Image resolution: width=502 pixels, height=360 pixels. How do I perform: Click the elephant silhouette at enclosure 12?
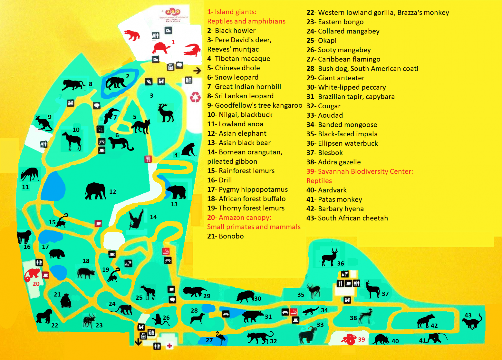click(x=96, y=191)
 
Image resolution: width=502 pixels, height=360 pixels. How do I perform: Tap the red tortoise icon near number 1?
click(x=161, y=48)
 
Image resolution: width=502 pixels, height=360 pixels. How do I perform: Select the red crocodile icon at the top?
click(x=192, y=50)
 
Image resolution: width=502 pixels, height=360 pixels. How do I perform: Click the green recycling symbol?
click(x=195, y=97)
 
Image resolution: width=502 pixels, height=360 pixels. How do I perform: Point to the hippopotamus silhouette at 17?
click(x=57, y=254)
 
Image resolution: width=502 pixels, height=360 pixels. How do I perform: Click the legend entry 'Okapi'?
click(x=327, y=41)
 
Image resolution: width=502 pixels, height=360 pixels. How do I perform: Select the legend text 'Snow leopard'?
click(x=236, y=77)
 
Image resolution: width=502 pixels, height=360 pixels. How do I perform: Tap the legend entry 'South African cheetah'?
click(x=353, y=218)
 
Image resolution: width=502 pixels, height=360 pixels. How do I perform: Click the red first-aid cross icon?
click(x=169, y=346)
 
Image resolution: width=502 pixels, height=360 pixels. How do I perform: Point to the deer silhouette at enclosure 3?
click(x=166, y=112)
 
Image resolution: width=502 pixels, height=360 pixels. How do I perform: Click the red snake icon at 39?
click(x=349, y=340)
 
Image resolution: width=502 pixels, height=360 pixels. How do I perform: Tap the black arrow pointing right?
click(x=197, y=71)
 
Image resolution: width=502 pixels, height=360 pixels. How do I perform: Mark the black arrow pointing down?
click(x=138, y=342)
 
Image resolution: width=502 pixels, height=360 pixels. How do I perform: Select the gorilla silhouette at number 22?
click(x=44, y=316)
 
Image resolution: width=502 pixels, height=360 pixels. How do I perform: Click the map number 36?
click(x=340, y=263)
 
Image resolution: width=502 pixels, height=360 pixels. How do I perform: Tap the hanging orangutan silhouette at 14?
click(x=136, y=219)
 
